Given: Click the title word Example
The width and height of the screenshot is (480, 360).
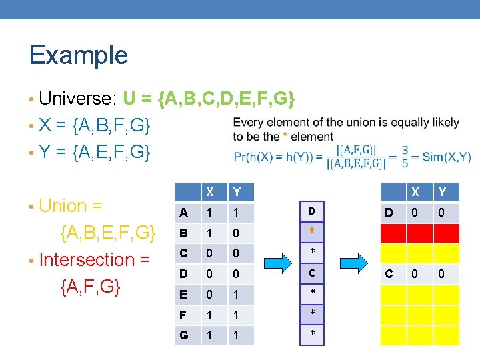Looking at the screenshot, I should [x=78, y=55].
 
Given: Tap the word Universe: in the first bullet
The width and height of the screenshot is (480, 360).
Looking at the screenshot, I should [x=79, y=99].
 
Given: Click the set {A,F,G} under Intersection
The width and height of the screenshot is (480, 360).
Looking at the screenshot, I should [x=91, y=286].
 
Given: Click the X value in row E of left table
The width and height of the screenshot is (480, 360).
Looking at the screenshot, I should [x=210, y=295].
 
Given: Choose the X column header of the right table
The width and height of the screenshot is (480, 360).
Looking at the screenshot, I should [x=415, y=192].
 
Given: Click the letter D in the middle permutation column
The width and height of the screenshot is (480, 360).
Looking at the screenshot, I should [x=312, y=212].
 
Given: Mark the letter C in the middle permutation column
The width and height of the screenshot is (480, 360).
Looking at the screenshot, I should [x=312, y=273].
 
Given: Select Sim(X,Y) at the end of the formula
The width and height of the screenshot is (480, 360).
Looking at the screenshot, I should [x=447, y=157].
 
